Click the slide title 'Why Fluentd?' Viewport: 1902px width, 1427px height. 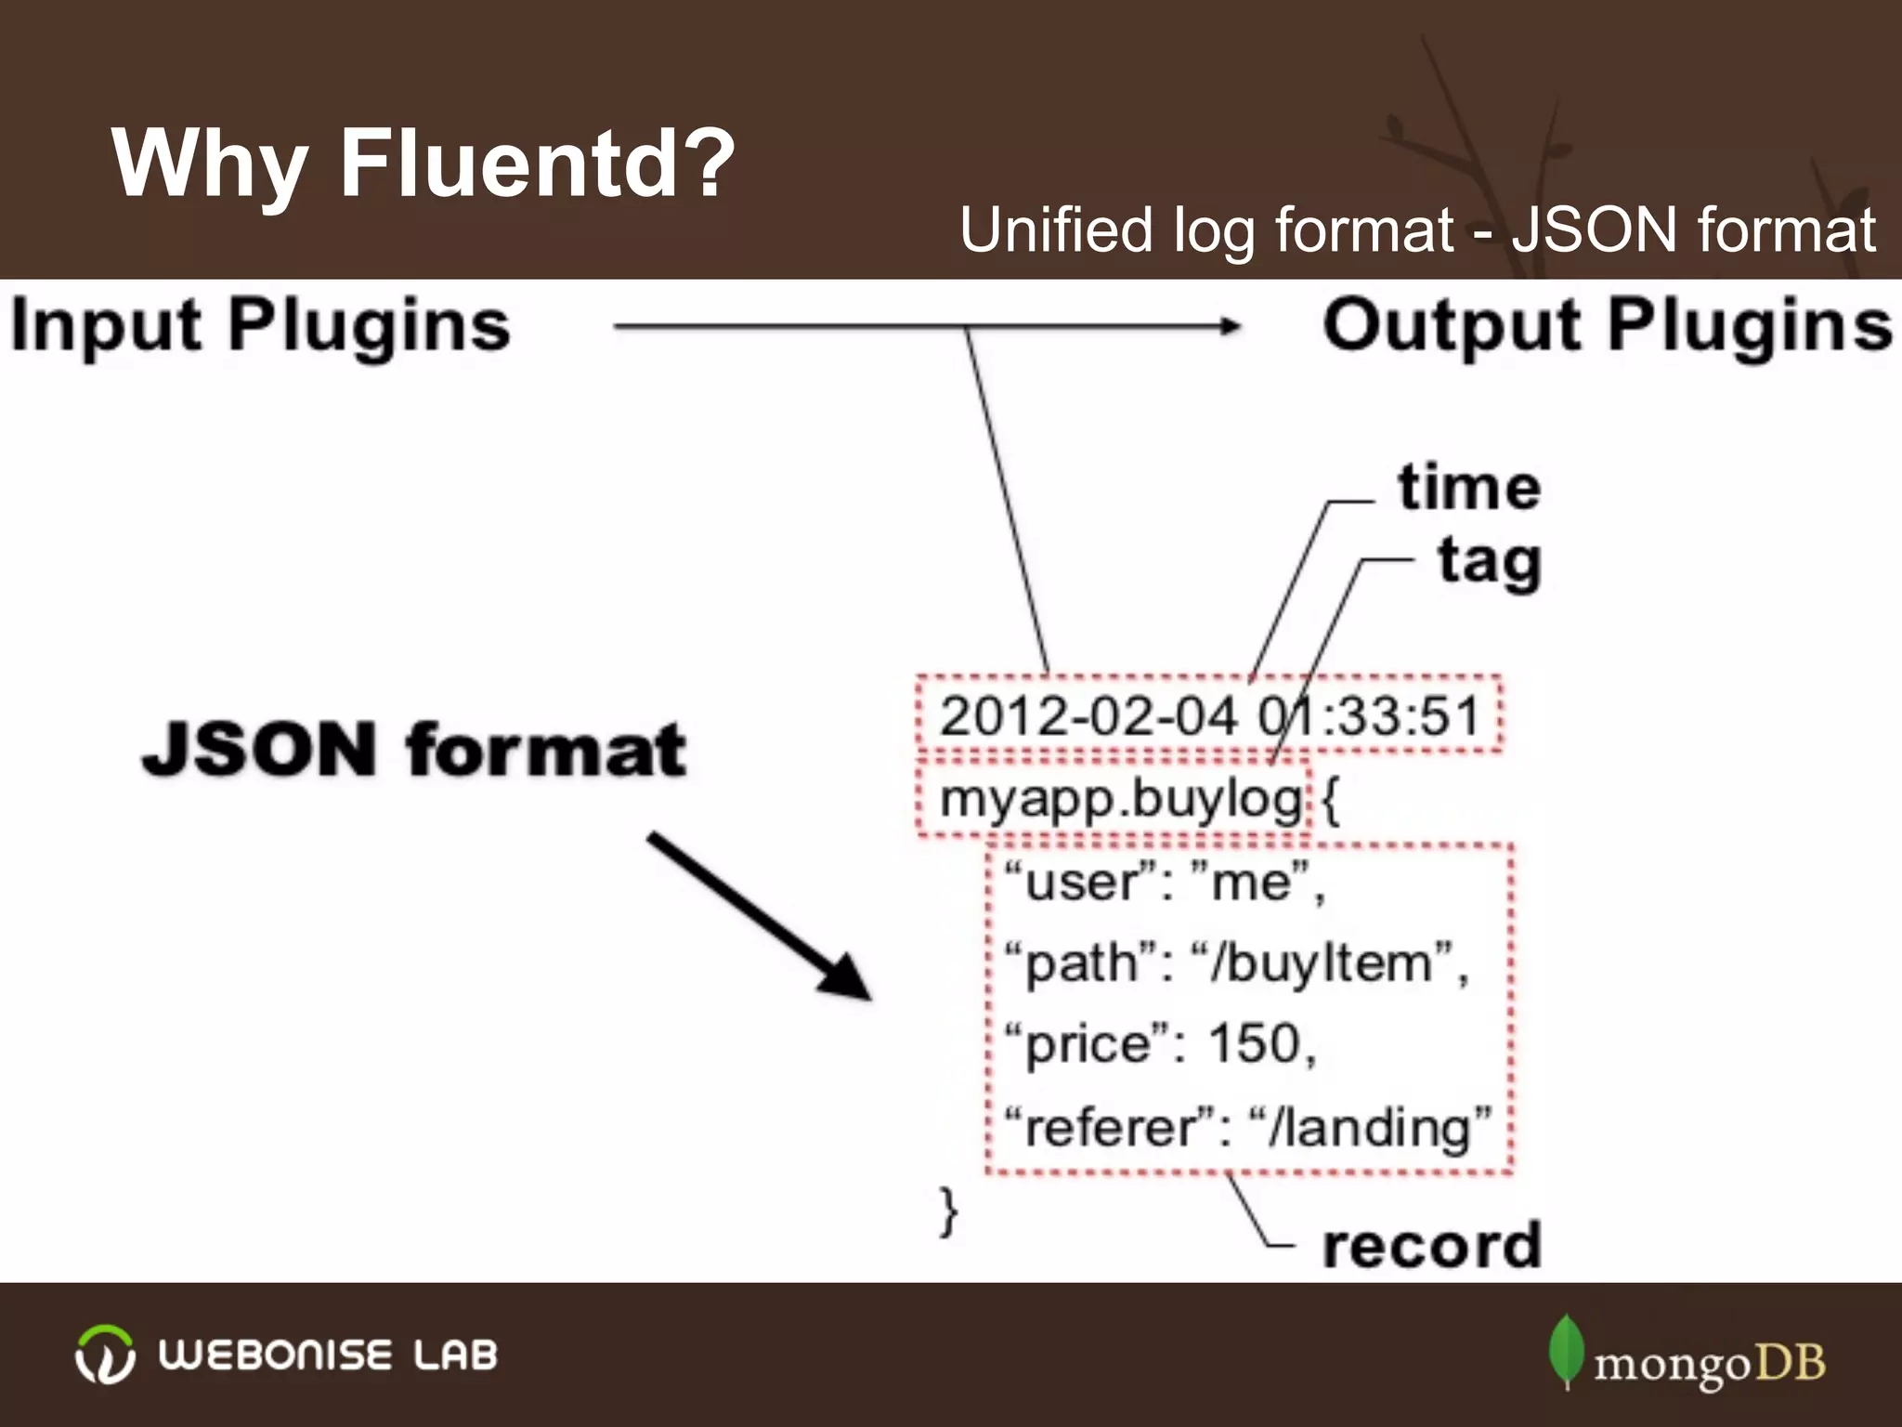coord(423,164)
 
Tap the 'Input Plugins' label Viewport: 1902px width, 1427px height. coord(260,326)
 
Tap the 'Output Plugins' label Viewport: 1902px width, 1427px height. coord(1607,326)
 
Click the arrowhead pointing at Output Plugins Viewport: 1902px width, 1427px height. coord(1231,325)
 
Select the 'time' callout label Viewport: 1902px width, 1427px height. coord(1468,488)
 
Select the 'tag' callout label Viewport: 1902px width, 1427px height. coord(1489,562)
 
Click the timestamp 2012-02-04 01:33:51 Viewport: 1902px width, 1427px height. coord(1208,716)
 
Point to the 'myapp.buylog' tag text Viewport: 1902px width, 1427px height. coord(1120,799)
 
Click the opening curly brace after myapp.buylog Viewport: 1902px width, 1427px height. coord(1331,800)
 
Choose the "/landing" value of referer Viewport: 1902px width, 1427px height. coord(1370,1127)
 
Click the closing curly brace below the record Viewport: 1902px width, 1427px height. coord(947,1211)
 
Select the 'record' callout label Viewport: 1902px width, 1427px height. coord(1431,1245)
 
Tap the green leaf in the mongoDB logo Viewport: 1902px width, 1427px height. coord(1566,1349)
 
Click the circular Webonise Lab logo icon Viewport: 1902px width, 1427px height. coord(104,1355)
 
